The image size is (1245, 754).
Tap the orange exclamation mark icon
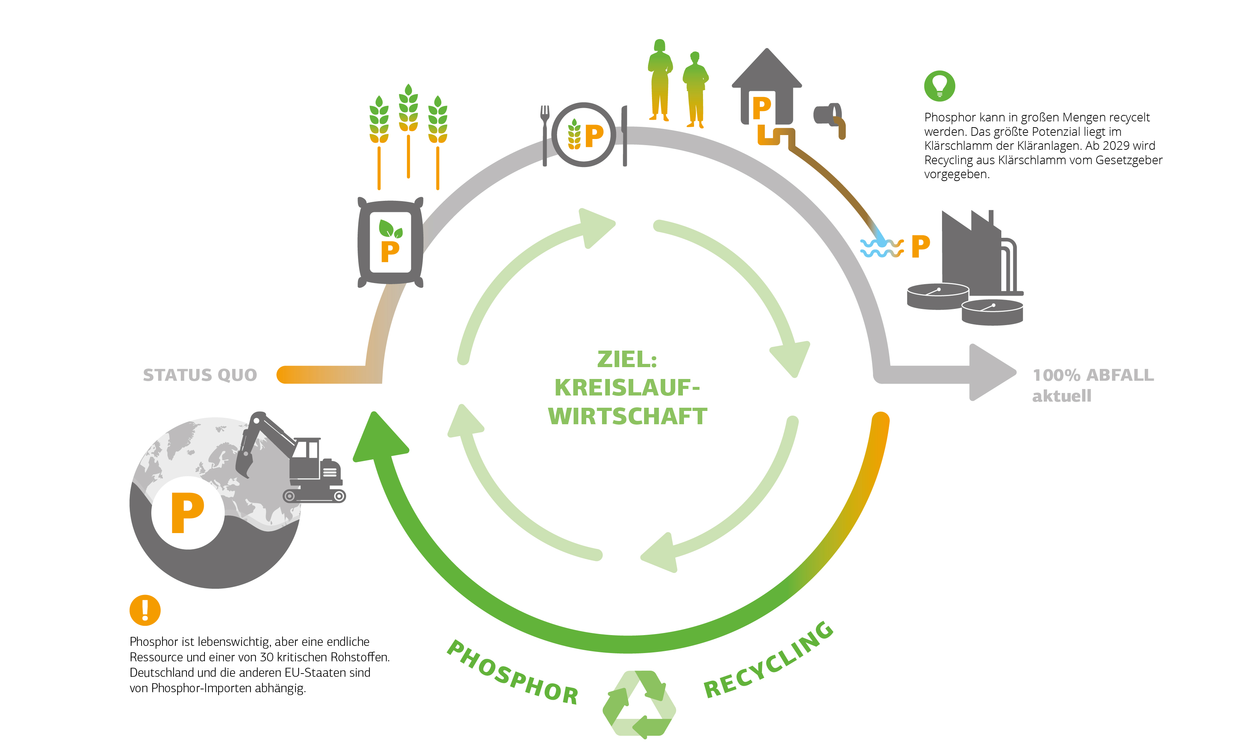pos(145,610)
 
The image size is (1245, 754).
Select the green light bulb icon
pos(939,86)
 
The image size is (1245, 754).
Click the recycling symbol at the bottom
pos(639,704)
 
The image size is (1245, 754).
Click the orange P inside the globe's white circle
pos(188,513)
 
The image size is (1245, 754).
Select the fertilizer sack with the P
pos(390,243)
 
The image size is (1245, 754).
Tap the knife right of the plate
pos(625,135)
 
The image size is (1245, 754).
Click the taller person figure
pos(660,81)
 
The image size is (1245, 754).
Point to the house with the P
pos(767,88)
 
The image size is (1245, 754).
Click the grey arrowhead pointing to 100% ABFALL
pos(990,373)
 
